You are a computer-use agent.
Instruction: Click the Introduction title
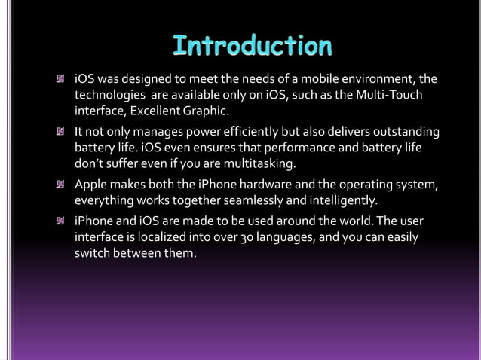(x=252, y=47)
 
